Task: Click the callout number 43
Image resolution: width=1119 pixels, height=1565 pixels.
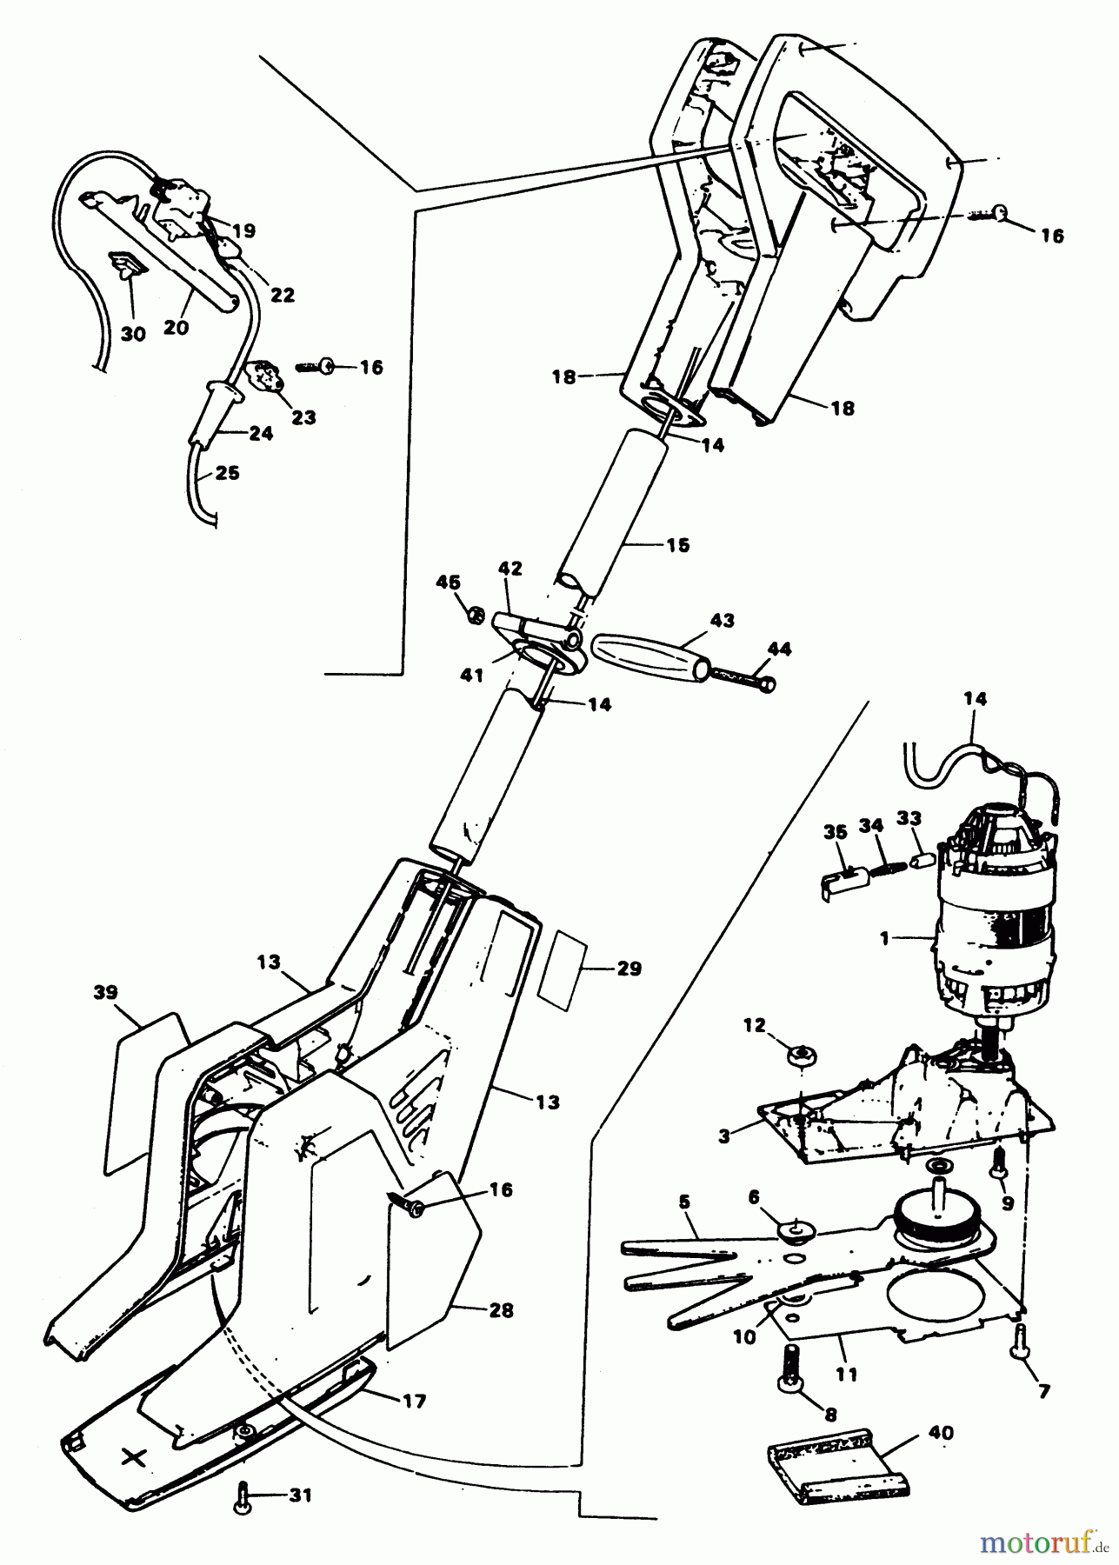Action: coord(722,621)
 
